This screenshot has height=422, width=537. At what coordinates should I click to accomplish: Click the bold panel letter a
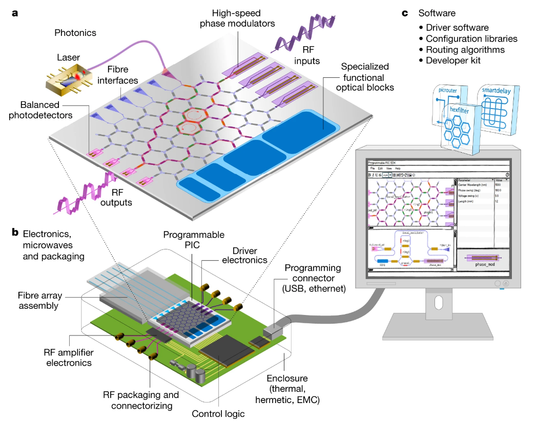15,13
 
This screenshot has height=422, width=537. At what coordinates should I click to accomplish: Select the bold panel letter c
405,13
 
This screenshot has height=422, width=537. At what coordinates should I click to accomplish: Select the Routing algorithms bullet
465,50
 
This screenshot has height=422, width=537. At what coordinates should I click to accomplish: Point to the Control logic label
218,413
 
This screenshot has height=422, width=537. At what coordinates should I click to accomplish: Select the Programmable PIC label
194,240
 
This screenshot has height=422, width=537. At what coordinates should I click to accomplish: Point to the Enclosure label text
293,389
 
